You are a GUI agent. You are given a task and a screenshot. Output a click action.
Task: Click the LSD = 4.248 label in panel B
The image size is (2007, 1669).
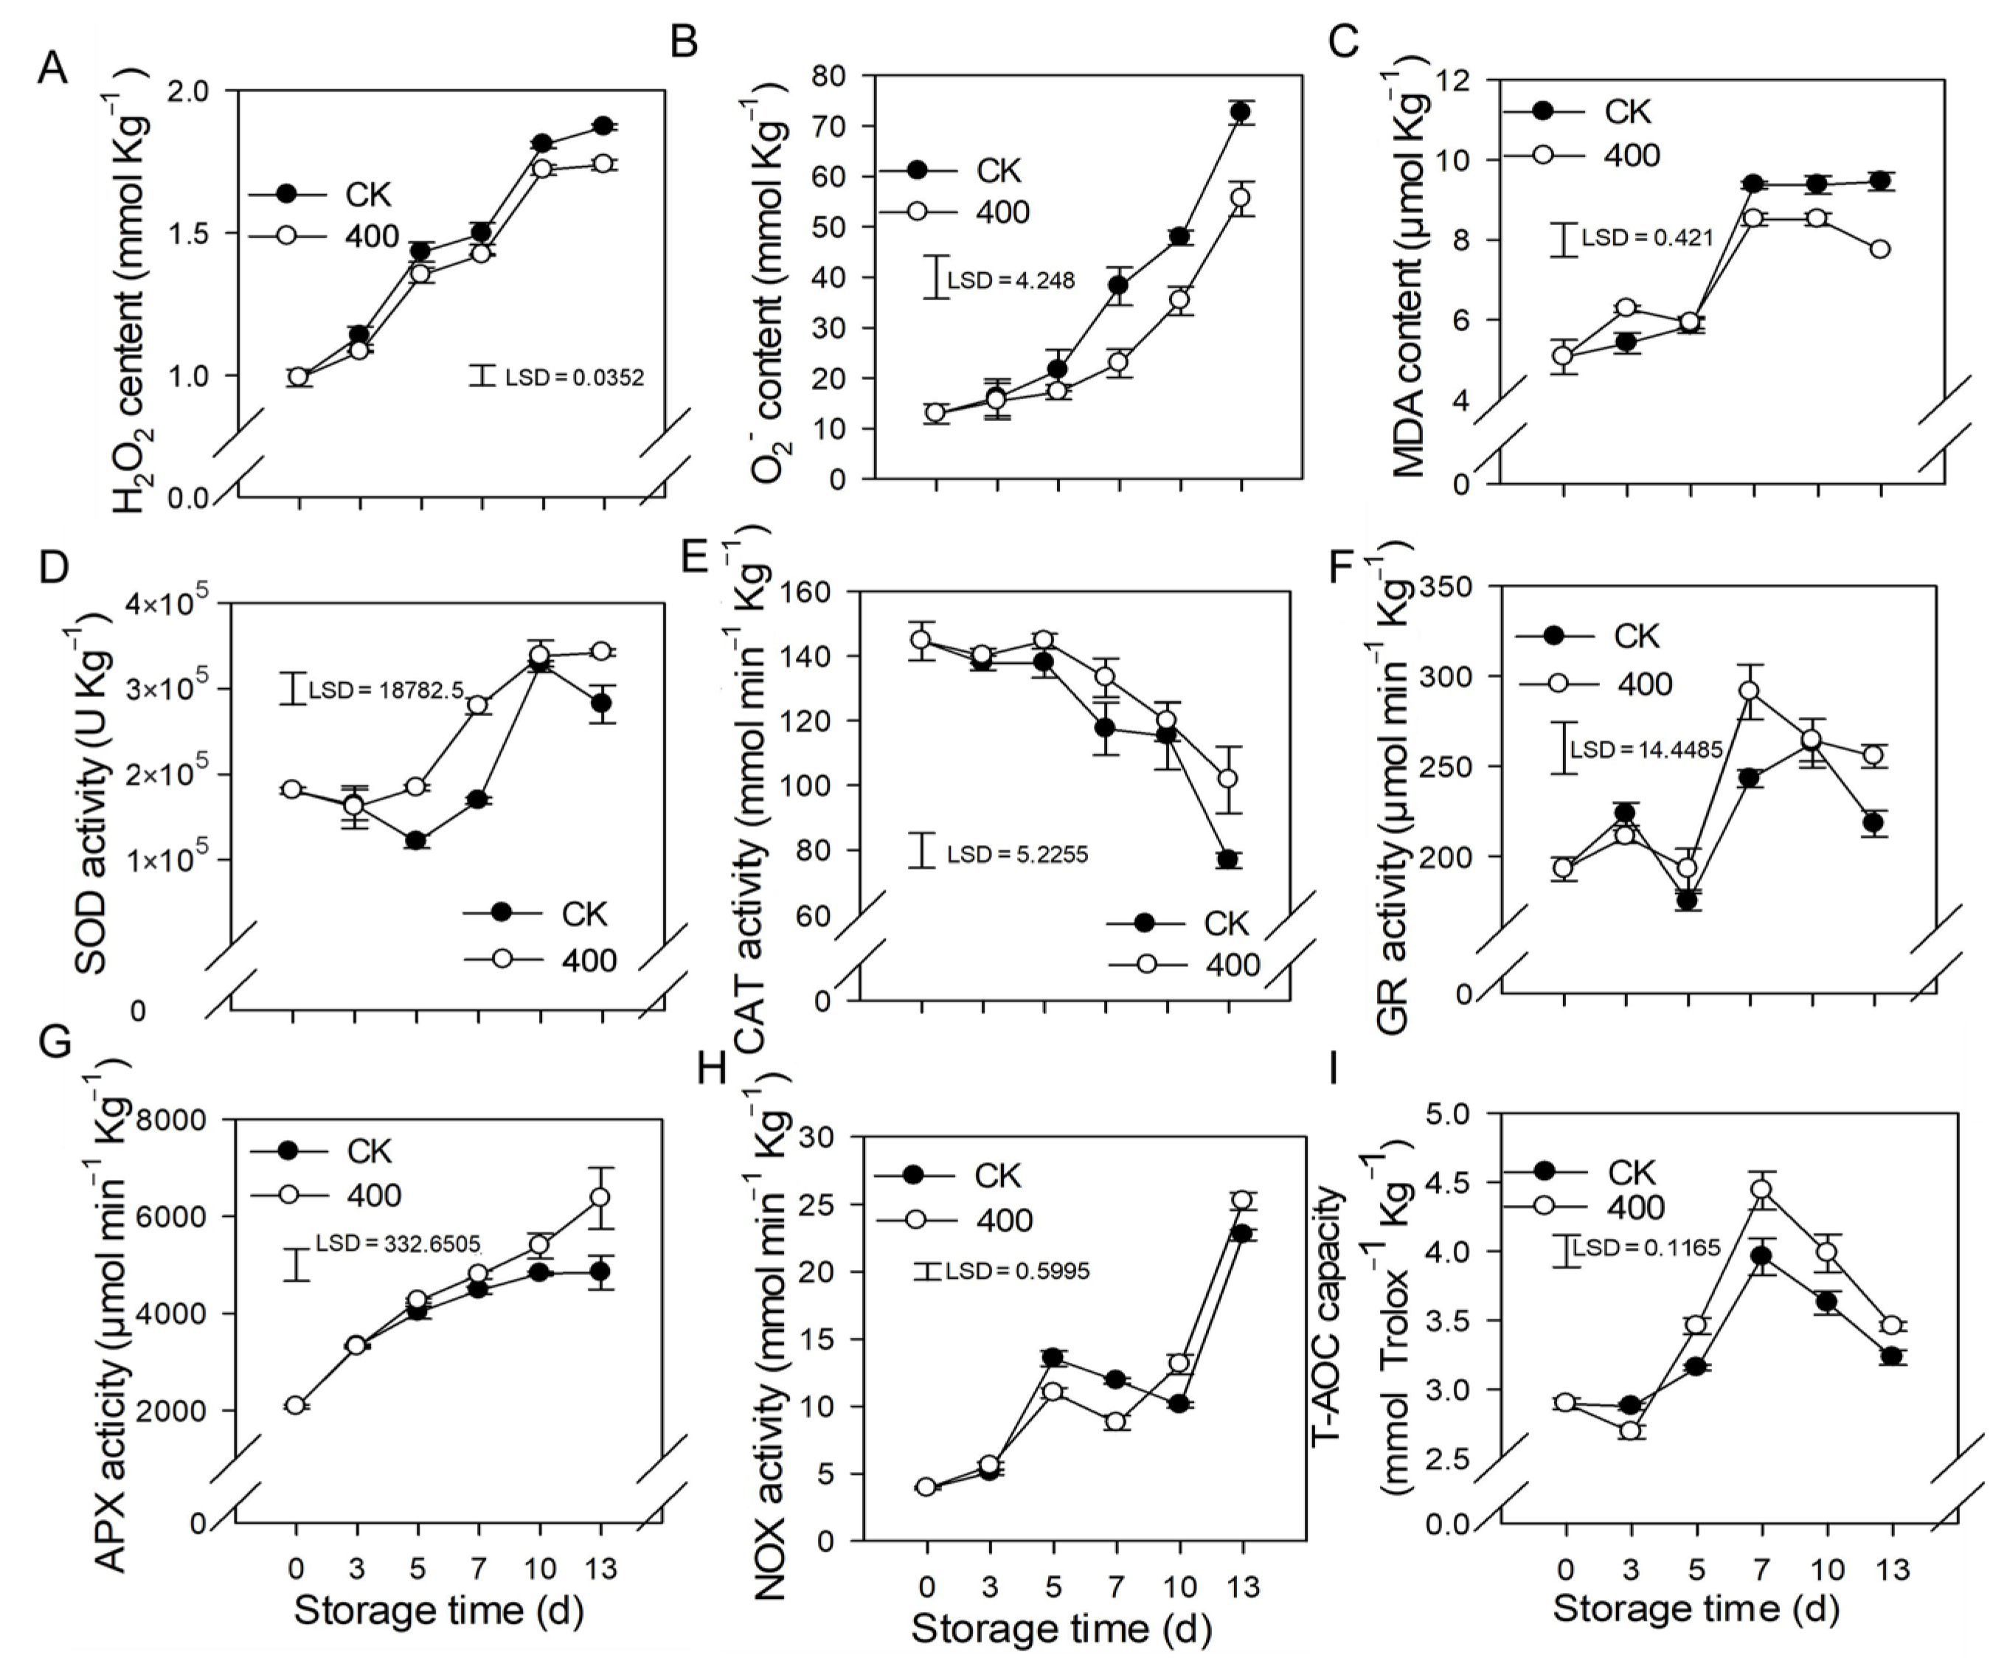(1011, 280)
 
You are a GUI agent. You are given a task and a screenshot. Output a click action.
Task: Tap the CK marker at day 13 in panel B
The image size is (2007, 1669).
(1241, 112)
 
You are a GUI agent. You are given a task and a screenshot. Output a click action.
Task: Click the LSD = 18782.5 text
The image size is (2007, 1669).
(385, 689)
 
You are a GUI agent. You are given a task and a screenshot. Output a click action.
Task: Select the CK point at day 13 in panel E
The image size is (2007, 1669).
(1228, 859)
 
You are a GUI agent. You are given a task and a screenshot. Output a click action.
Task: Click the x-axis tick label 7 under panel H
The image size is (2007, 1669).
(1116, 1587)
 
